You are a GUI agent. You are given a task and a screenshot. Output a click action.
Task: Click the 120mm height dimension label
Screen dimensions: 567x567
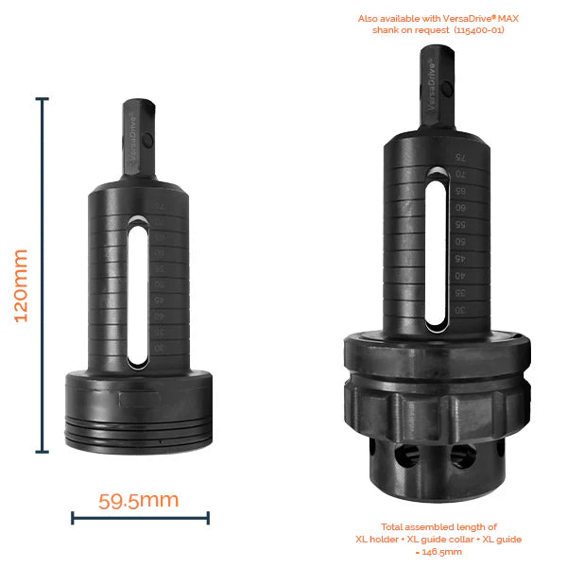[x=21, y=284]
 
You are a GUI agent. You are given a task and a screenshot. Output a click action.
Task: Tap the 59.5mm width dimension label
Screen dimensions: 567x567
[x=139, y=499]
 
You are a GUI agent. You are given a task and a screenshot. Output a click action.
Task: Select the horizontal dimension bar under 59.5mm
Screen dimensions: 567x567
[x=140, y=517]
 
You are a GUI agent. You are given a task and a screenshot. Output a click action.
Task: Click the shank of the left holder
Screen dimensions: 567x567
[x=137, y=142]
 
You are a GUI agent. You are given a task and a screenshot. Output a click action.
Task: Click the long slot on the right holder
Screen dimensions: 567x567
[x=435, y=250]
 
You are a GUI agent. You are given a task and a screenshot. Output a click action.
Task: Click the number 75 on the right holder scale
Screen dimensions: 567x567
[x=459, y=158]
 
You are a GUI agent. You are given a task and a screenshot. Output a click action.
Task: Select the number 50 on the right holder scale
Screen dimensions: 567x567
[x=459, y=243]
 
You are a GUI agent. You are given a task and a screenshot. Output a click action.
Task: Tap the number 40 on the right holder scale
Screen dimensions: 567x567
[x=459, y=276]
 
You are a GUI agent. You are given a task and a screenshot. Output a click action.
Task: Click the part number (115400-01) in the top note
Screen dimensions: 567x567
[x=478, y=29]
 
